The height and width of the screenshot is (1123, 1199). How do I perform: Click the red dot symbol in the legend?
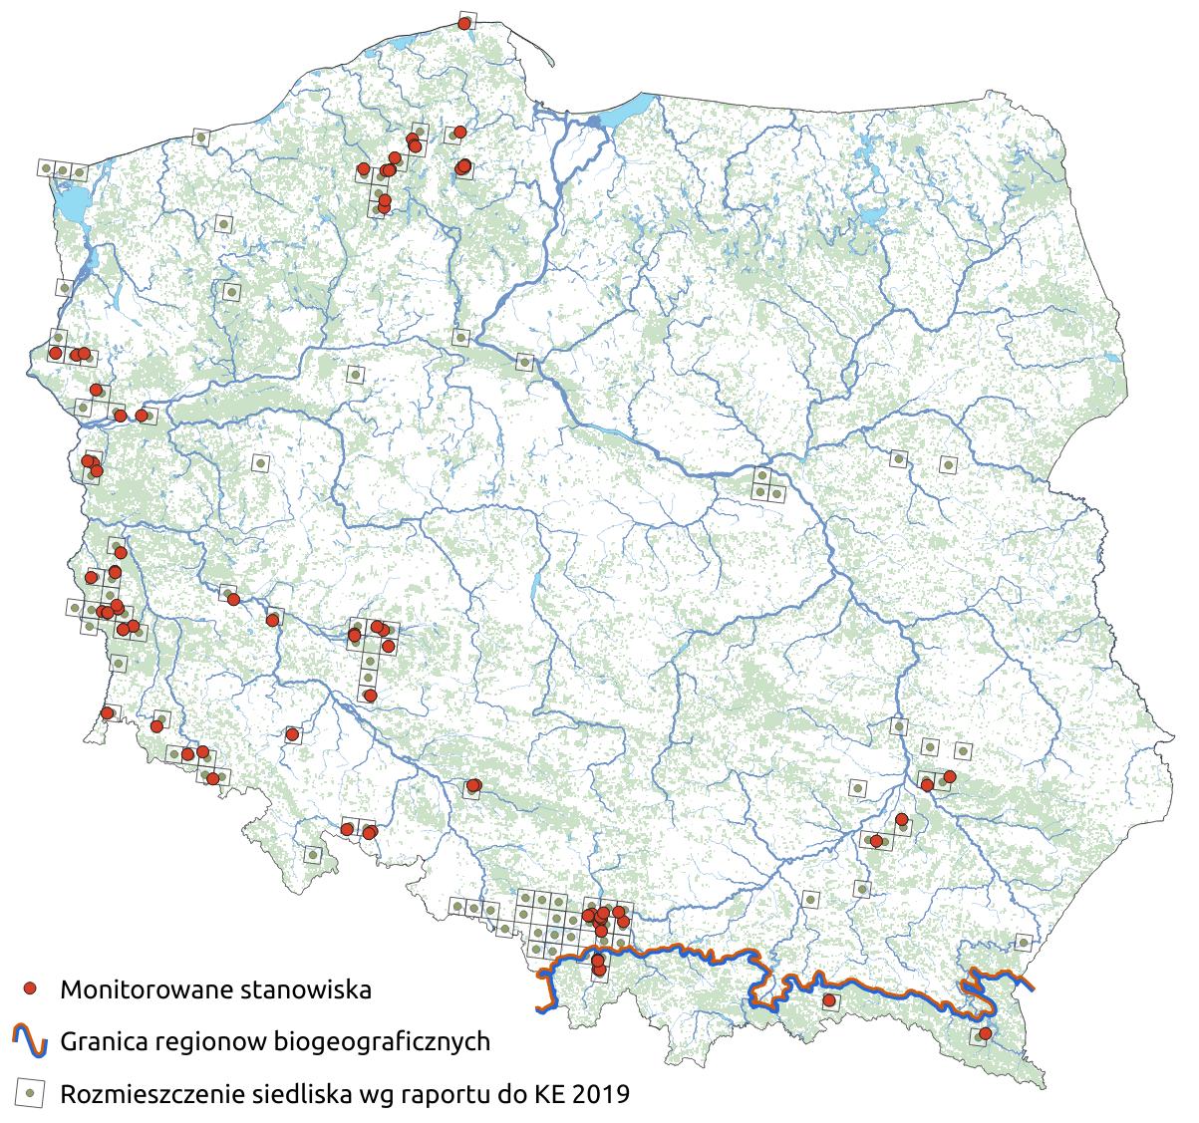[x=31, y=988]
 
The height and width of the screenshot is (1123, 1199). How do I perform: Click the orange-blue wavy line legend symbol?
[x=31, y=1041]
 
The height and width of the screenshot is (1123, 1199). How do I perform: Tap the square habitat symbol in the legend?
[x=31, y=1093]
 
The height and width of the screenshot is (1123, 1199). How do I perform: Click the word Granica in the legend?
[x=103, y=1042]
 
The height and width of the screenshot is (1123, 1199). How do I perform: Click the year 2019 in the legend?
[x=598, y=1094]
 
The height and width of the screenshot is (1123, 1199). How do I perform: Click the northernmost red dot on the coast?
[x=464, y=23]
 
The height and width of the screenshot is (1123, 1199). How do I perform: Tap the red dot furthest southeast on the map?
[x=985, y=1033]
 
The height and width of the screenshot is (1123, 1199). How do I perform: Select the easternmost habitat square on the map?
[x=1023, y=942]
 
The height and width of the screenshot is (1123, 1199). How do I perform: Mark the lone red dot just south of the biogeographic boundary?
[x=828, y=1000]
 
